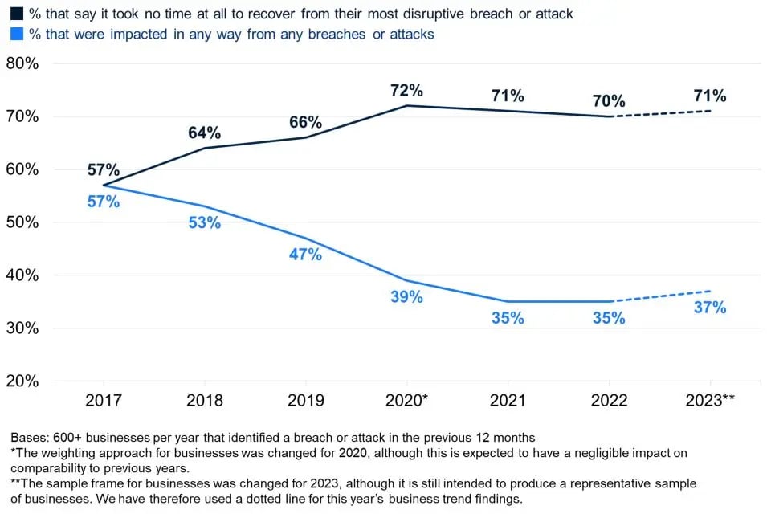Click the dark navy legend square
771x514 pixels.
[14, 14]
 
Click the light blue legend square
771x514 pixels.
[14, 34]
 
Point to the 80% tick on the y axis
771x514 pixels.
[22, 63]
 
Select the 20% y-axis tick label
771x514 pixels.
[22, 381]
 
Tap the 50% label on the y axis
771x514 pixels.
[22, 222]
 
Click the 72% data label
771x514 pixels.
[406, 90]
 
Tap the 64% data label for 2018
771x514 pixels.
[205, 133]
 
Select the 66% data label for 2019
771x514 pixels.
[306, 122]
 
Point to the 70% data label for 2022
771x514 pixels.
[609, 101]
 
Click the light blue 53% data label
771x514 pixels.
[205, 222]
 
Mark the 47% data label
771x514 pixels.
[306, 254]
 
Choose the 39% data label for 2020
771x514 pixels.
[406, 296]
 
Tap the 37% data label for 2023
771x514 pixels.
[710, 307]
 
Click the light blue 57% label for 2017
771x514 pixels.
[104, 202]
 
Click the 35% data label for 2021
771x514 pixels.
[508, 317]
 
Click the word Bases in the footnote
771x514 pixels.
[29, 438]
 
